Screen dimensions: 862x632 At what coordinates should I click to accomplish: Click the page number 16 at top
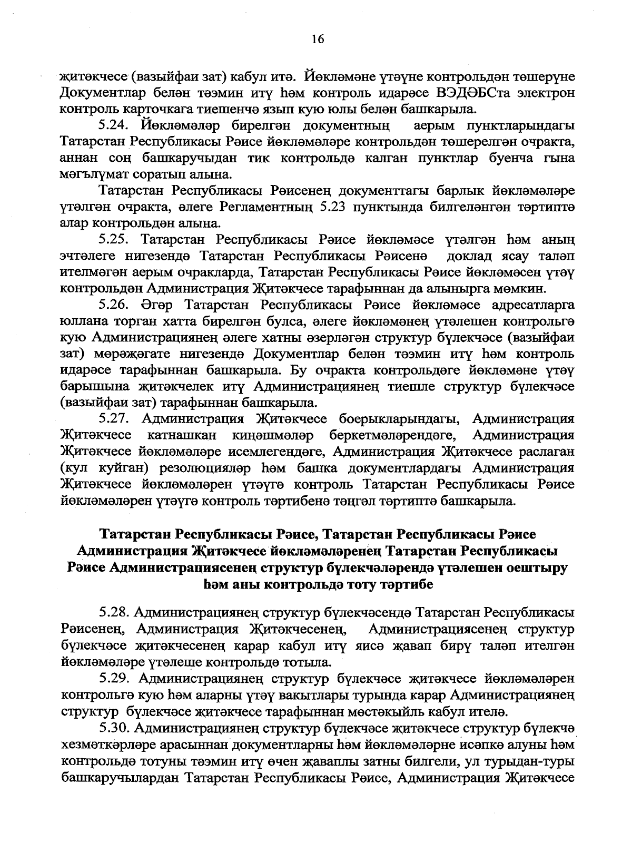pyautogui.click(x=317, y=40)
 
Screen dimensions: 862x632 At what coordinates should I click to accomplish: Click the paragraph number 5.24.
pyautogui.click(x=114, y=126)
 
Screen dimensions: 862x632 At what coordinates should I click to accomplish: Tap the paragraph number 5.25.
pyautogui.click(x=114, y=240)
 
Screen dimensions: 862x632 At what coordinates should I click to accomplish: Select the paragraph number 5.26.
pyautogui.click(x=114, y=305)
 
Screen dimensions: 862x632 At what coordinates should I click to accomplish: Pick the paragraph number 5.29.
pyautogui.click(x=114, y=678)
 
